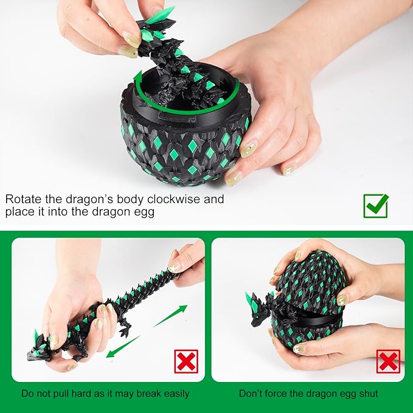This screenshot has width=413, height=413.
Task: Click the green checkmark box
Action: [x=376, y=206]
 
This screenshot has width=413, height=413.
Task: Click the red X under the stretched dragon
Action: [x=186, y=361]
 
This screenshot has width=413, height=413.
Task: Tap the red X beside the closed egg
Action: [x=388, y=361]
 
